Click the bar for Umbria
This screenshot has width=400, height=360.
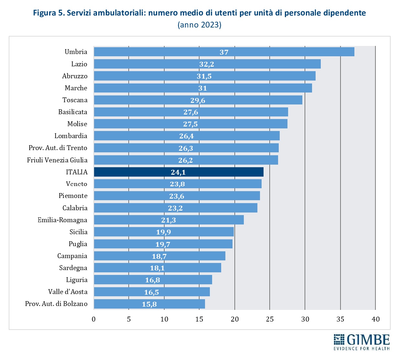click(x=224, y=52)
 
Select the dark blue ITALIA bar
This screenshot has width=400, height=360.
click(x=178, y=172)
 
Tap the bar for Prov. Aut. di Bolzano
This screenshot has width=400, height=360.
click(x=149, y=304)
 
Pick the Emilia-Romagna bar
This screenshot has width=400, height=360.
click(x=168, y=220)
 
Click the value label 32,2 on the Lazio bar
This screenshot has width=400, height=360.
click(x=207, y=64)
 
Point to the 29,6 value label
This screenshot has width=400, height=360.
click(x=198, y=100)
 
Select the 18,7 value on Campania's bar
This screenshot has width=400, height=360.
click(x=159, y=256)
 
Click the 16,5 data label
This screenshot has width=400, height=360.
click(x=151, y=292)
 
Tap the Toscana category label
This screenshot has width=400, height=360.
click(x=75, y=100)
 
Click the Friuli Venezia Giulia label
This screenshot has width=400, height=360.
click(x=57, y=160)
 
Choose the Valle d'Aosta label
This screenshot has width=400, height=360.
click(x=68, y=292)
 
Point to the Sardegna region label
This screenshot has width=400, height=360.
click(x=73, y=268)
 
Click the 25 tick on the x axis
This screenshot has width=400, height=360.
click(x=270, y=319)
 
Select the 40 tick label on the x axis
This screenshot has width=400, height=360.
click(x=375, y=319)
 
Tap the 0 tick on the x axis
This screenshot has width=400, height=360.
click(x=94, y=319)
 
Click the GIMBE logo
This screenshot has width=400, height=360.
click(x=362, y=342)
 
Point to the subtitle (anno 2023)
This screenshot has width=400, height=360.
click(x=200, y=25)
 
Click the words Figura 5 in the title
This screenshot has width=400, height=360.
click(x=49, y=13)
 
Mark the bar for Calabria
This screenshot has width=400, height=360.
click(x=175, y=208)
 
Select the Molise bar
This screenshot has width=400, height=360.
click(x=190, y=124)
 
